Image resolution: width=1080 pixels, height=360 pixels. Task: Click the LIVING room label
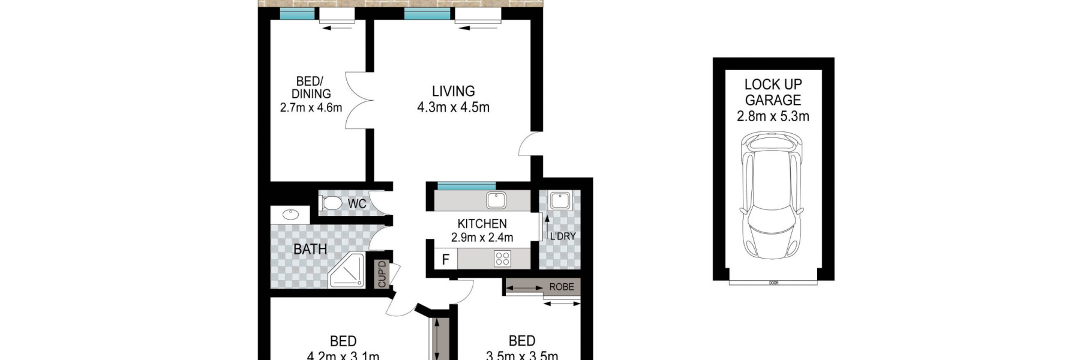(x=453, y=91)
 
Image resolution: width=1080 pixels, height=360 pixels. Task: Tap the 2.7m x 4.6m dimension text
(x=311, y=108)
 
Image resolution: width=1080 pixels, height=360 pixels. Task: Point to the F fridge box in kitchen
(x=445, y=260)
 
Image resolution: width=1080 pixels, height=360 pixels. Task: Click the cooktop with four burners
(x=502, y=259)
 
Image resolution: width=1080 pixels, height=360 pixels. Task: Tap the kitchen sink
(x=496, y=200)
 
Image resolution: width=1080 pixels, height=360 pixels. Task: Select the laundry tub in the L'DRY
(x=559, y=200)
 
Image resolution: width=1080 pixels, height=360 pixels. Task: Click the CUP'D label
(x=382, y=274)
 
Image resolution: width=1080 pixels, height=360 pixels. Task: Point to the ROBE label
(x=562, y=287)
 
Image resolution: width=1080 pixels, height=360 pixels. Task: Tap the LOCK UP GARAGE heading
(x=773, y=92)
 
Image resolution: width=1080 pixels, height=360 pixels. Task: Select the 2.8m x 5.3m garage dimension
(x=773, y=116)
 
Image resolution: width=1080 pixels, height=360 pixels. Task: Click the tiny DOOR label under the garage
(x=773, y=283)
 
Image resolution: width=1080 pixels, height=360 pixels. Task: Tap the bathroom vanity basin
(x=291, y=214)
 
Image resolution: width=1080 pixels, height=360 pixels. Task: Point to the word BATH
(x=310, y=248)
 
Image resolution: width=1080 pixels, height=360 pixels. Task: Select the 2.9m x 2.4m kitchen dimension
(x=482, y=238)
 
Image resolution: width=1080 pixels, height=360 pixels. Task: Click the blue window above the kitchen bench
(x=466, y=185)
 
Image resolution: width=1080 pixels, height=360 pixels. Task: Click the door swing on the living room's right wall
(x=528, y=145)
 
